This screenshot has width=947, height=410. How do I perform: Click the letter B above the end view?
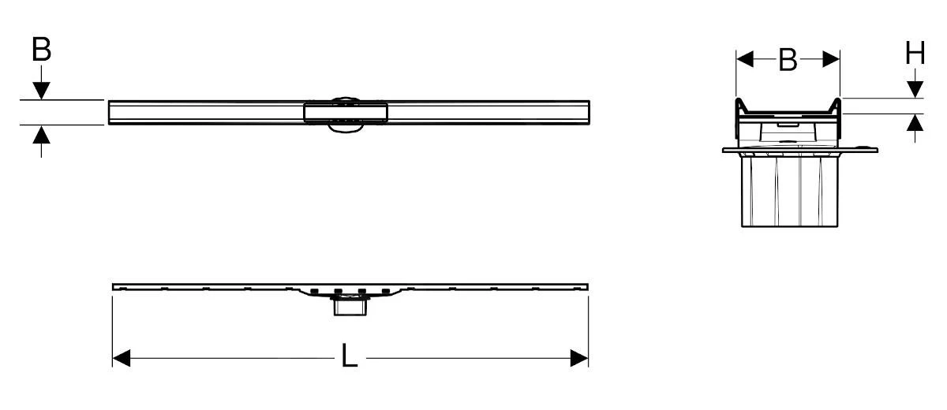[x=788, y=60]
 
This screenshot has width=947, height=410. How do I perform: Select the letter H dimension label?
[x=915, y=54]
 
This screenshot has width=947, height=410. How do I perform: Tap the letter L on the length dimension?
[x=350, y=358]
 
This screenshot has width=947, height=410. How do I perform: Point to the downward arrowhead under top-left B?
[x=41, y=91]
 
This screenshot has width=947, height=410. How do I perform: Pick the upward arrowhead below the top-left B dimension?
[x=41, y=134]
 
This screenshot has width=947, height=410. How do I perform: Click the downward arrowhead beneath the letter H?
[x=915, y=88]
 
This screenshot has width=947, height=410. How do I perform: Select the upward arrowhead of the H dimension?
[x=915, y=123]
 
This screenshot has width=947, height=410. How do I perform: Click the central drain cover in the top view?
[x=346, y=112]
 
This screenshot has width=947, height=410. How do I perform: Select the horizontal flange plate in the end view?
[x=797, y=148]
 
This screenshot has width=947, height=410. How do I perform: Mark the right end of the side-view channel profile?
[x=586, y=285]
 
